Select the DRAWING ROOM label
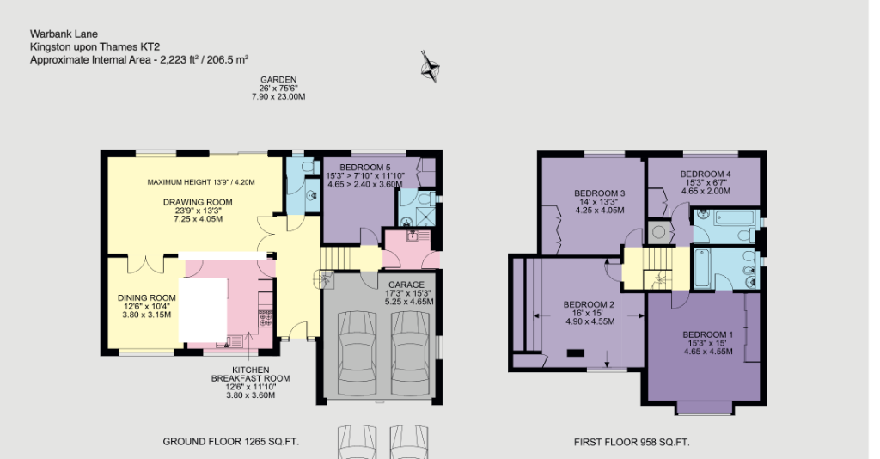click(198, 202)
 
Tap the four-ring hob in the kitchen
click(266, 319)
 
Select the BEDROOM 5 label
click(365, 167)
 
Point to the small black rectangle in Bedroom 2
click(575, 352)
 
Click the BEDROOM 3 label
click(599, 192)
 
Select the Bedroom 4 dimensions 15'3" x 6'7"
click(706, 182)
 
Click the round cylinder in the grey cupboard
click(660, 230)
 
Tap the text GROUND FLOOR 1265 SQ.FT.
click(230, 442)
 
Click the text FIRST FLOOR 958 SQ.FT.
click(632, 443)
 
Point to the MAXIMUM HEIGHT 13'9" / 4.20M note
click(201, 182)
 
